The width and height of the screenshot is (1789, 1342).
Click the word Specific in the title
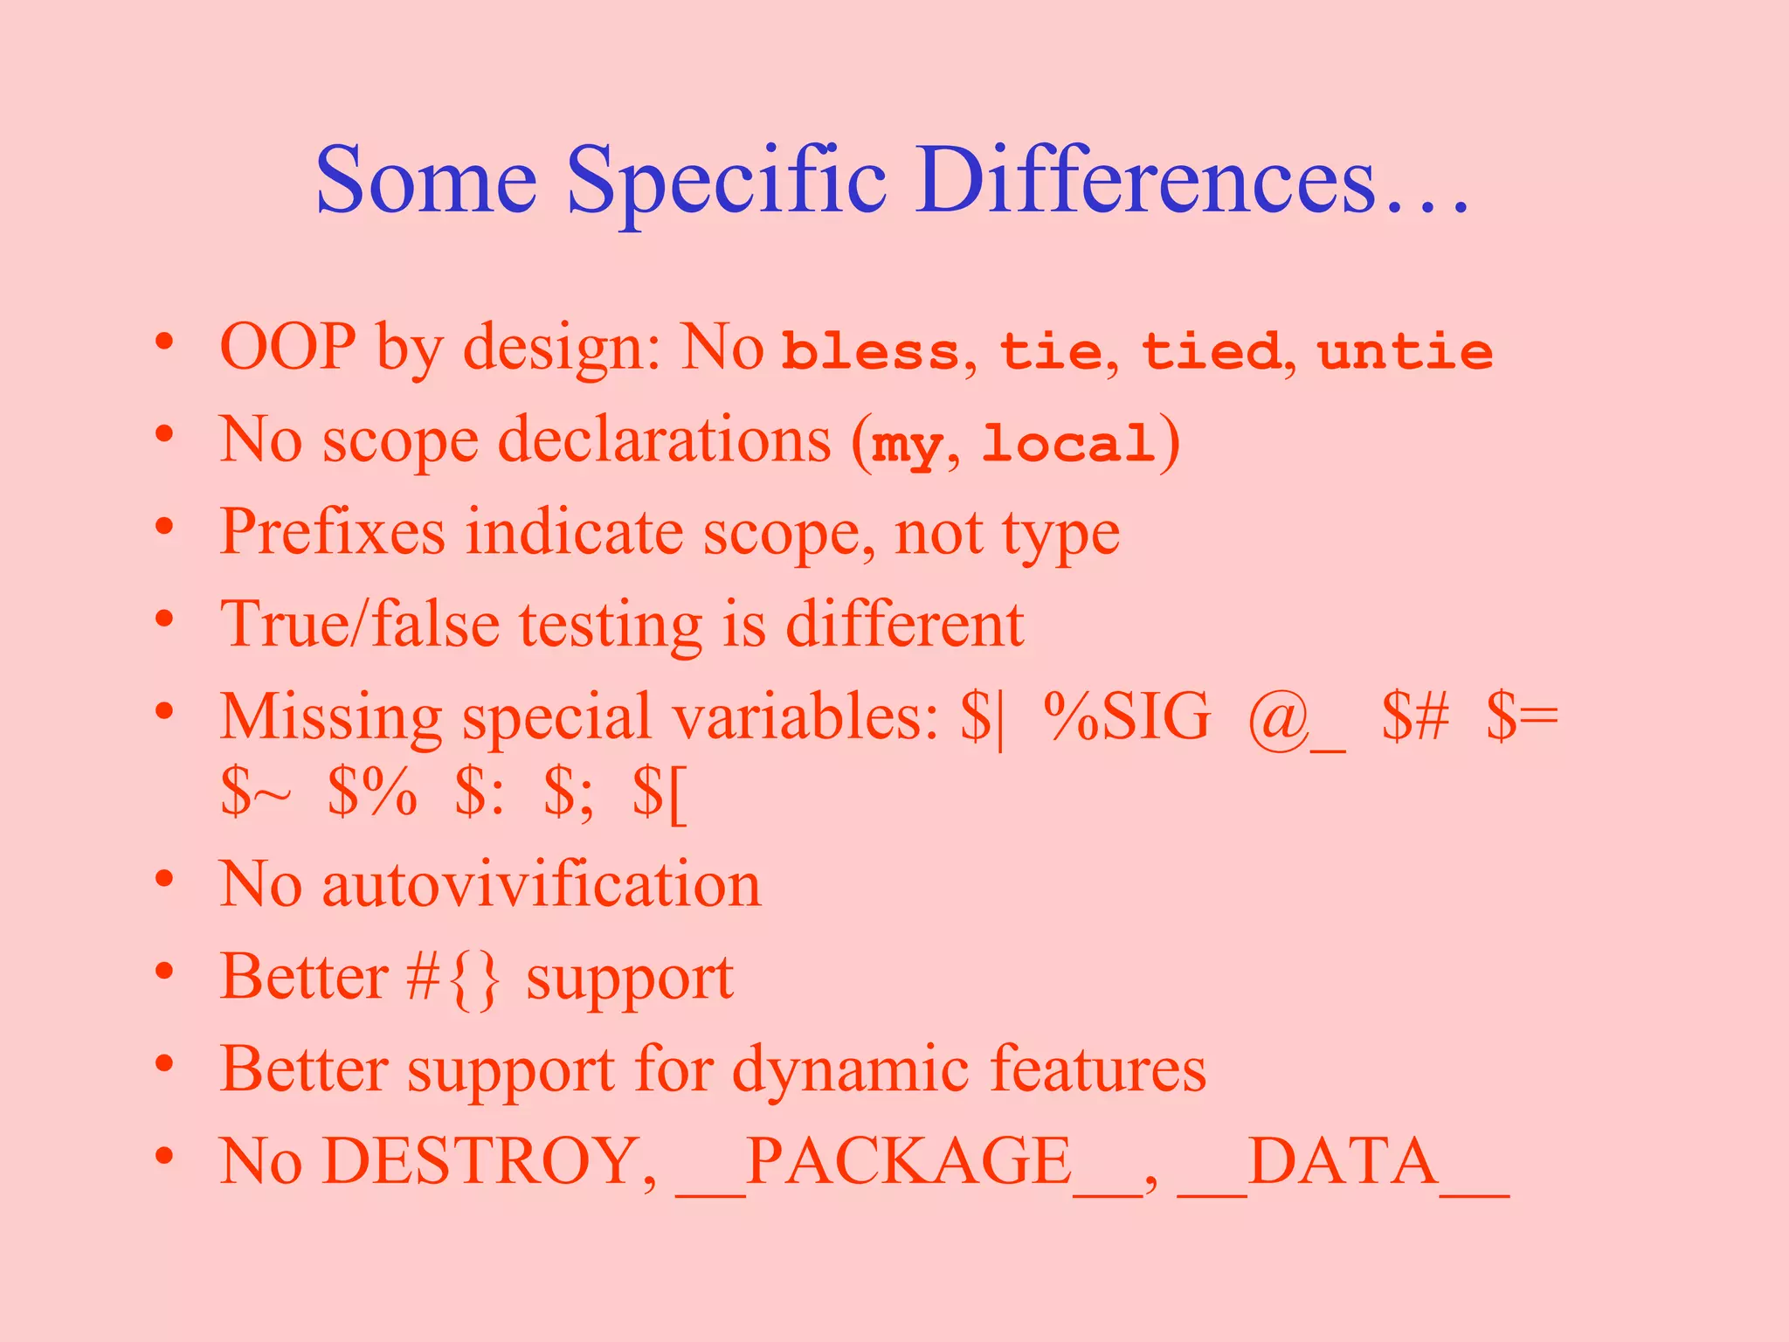pyautogui.click(x=727, y=182)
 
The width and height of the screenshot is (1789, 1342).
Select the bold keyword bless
pyautogui.click(x=870, y=351)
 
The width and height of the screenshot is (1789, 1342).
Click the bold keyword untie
pyautogui.click(x=1405, y=351)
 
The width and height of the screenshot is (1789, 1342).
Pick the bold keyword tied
pyautogui.click(x=1211, y=351)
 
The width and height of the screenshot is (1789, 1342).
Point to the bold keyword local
pyautogui.click(x=1067, y=443)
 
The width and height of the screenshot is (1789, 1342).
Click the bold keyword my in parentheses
pyautogui.click(x=907, y=446)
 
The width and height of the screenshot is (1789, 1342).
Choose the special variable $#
pyautogui.click(x=1415, y=716)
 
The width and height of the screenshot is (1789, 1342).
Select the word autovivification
pyautogui.click(x=542, y=884)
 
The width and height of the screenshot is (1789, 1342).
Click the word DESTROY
pyautogui.click(x=489, y=1162)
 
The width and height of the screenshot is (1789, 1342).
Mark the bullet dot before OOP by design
pyautogui.click(x=164, y=343)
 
